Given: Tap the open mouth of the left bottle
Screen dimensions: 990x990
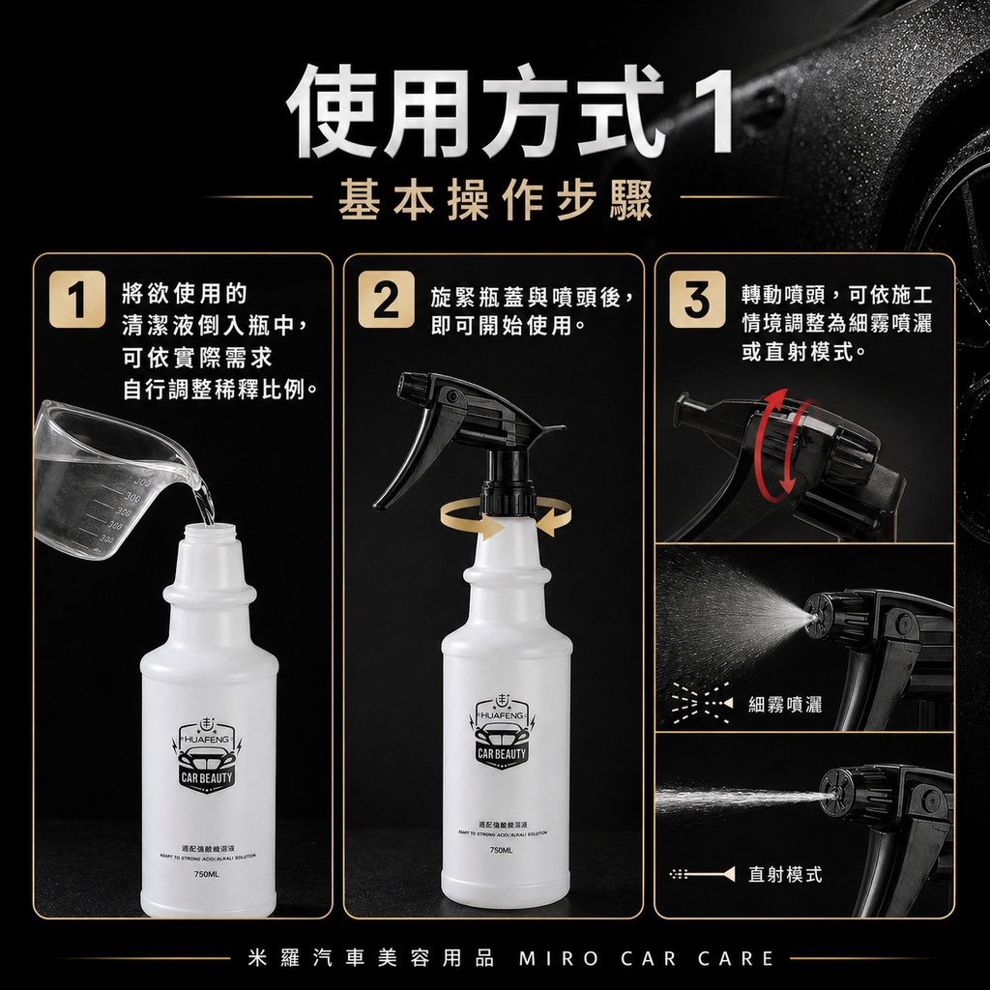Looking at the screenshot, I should coord(209,530).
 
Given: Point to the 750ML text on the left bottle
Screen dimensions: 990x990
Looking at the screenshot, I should coord(208,874).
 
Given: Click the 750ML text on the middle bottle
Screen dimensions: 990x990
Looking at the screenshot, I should coord(501,850).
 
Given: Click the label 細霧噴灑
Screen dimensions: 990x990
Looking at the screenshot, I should coord(785,705).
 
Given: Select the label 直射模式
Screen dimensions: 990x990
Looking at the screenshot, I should coord(785,874).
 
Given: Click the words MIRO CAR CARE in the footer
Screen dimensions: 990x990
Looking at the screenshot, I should coord(647,958).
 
